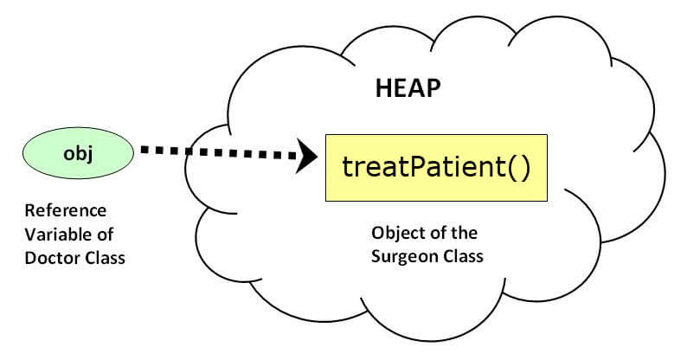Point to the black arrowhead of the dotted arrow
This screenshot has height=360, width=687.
(307, 157)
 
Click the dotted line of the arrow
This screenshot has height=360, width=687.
(216, 152)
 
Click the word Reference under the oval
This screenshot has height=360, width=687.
(66, 211)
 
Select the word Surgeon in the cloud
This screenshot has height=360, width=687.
(401, 257)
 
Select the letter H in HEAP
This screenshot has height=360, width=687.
(382, 89)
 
